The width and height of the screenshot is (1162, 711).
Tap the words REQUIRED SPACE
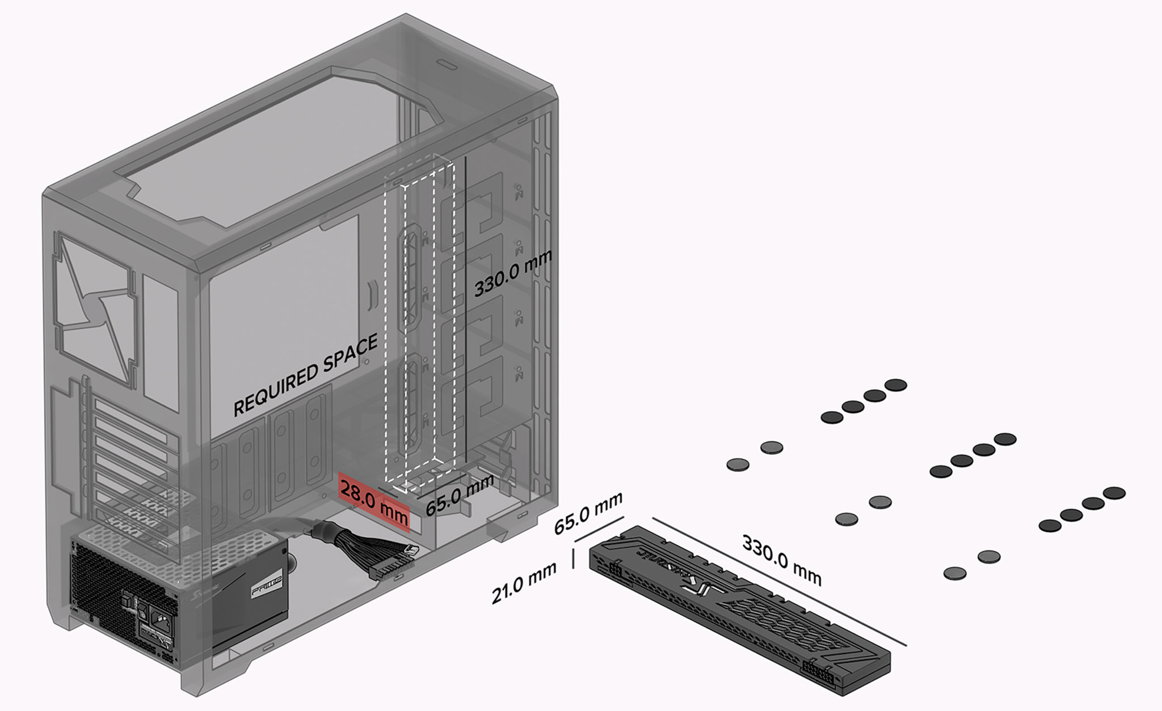pyautogui.click(x=306, y=375)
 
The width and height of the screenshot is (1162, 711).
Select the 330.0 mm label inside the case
pyautogui.click(x=513, y=274)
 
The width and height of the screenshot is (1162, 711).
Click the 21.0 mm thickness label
pyautogui.click(x=523, y=583)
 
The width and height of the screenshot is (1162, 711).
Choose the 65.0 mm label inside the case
pyautogui.click(x=460, y=496)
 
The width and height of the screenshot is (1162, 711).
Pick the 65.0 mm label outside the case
pyautogui.click(x=588, y=513)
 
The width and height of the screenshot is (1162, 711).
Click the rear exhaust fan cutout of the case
pyautogui.click(x=96, y=309)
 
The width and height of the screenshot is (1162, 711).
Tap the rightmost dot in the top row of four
pyautogui.click(x=896, y=386)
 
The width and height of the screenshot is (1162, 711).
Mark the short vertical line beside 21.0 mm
pyautogui.click(x=573, y=558)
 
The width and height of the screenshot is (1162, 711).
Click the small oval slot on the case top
pyautogui.click(x=447, y=67)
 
